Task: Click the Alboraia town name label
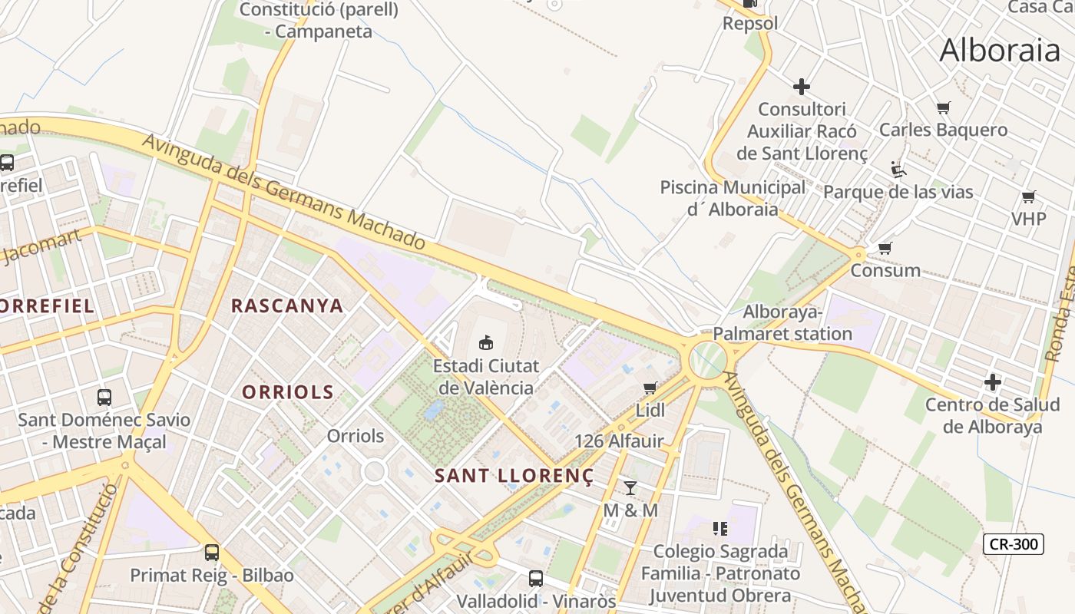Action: (x=1000, y=51)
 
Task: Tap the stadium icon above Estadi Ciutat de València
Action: (x=485, y=342)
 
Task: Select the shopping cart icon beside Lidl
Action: (x=650, y=388)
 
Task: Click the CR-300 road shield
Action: (x=1014, y=544)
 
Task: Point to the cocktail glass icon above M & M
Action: (x=630, y=487)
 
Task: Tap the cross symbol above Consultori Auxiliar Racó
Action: (x=802, y=87)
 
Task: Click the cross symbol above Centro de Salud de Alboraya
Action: (x=993, y=381)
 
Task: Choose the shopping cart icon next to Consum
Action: (x=885, y=248)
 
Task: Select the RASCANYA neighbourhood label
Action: (x=287, y=305)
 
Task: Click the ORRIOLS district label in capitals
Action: (x=288, y=392)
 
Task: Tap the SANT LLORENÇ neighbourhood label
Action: (x=514, y=476)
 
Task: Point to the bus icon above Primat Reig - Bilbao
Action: (x=211, y=552)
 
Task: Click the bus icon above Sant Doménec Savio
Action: (x=104, y=397)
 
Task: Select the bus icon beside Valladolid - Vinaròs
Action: (x=536, y=578)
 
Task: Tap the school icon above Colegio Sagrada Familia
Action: (x=719, y=528)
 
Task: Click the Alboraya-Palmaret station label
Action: (x=782, y=323)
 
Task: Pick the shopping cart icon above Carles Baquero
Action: (x=943, y=107)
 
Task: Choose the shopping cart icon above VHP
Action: (x=1028, y=196)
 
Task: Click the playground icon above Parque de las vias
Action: (x=898, y=169)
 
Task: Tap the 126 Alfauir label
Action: (x=619, y=441)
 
